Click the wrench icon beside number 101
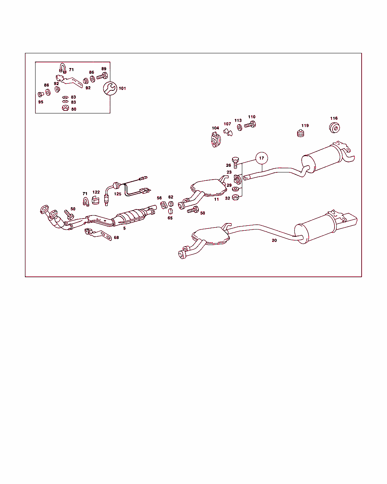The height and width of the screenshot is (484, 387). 110,88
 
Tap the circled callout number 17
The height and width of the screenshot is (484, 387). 262,158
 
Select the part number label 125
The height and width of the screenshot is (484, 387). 118,194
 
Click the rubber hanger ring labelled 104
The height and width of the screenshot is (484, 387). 216,140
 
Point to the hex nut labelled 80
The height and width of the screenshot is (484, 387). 65,108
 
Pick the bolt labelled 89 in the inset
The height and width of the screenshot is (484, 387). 102,76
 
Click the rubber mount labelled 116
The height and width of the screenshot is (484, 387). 334,128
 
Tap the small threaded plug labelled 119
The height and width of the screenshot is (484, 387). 300,133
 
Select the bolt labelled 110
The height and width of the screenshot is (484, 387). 250,124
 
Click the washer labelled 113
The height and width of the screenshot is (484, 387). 240,127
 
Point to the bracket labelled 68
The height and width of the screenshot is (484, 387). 98,234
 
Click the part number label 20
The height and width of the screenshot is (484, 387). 274,240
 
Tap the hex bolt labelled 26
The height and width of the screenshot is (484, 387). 235,163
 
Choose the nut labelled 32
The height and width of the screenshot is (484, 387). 235,197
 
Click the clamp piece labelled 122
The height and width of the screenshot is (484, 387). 96,200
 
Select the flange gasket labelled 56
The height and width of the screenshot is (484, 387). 164,205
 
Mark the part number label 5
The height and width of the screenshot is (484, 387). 124,228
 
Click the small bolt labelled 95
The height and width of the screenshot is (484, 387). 41,94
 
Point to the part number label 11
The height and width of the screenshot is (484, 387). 216,199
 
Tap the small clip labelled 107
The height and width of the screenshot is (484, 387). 228,132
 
